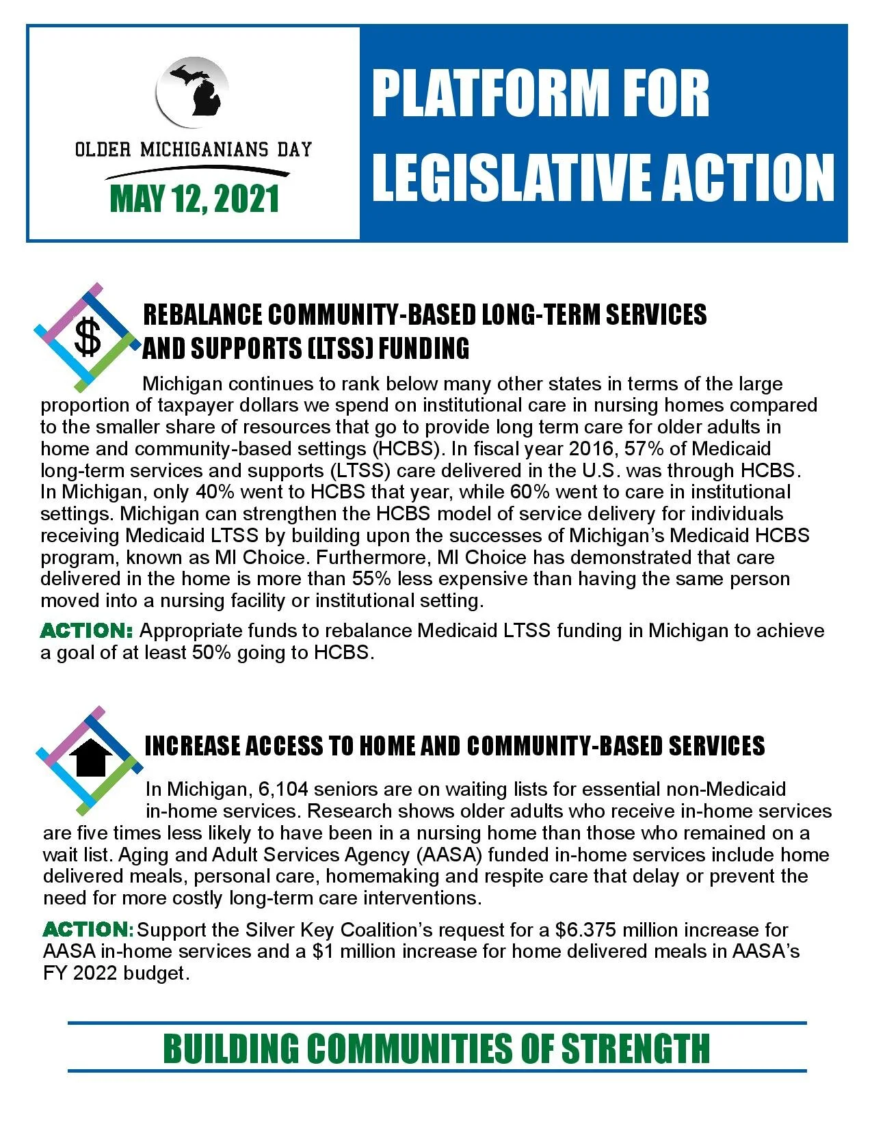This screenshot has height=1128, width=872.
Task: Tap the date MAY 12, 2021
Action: (194, 199)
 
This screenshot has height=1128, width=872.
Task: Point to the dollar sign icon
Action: (88, 338)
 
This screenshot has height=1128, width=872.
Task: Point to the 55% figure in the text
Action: (371, 579)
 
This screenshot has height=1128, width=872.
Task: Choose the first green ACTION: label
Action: (87, 630)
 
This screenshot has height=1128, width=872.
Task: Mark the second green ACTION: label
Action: (88, 930)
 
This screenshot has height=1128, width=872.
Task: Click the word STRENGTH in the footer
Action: (635, 1049)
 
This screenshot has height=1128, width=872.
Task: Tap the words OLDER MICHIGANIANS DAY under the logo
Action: (194, 150)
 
